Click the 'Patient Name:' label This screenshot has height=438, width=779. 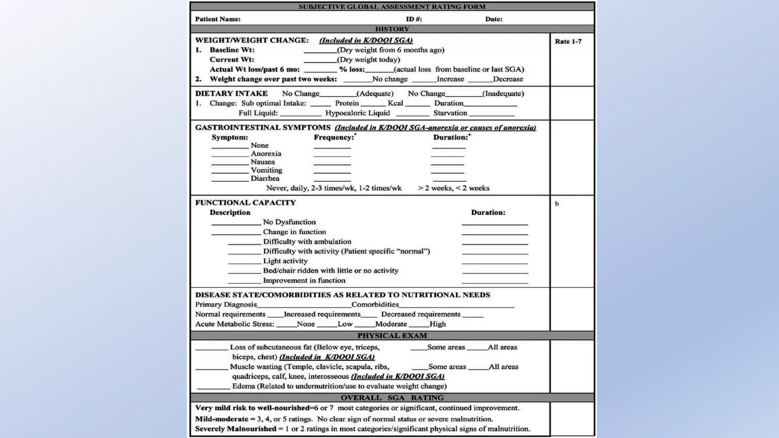(218, 19)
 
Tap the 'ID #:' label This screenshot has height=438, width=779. (413, 19)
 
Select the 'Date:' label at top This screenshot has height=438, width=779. (493, 19)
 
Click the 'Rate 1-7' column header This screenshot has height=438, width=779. (568, 41)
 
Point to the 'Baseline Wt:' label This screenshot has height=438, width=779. (232, 50)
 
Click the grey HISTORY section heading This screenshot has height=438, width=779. (392, 29)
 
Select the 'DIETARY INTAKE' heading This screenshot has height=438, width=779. (231, 94)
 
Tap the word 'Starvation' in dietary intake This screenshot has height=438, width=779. (450, 113)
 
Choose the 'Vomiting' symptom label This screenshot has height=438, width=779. (266, 170)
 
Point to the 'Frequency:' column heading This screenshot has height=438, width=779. (334, 137)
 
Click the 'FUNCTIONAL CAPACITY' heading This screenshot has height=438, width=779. (245, 203)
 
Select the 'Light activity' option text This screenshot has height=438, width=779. (285, 261)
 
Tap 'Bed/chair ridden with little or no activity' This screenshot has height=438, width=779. (331, 271)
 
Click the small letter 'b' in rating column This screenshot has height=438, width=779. (556, 204)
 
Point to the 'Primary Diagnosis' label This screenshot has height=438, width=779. (226, 305)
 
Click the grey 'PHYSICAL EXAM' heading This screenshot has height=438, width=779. (392, 335)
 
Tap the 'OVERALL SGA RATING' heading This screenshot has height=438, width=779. (392, 398)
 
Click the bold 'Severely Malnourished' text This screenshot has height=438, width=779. (235, 429)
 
